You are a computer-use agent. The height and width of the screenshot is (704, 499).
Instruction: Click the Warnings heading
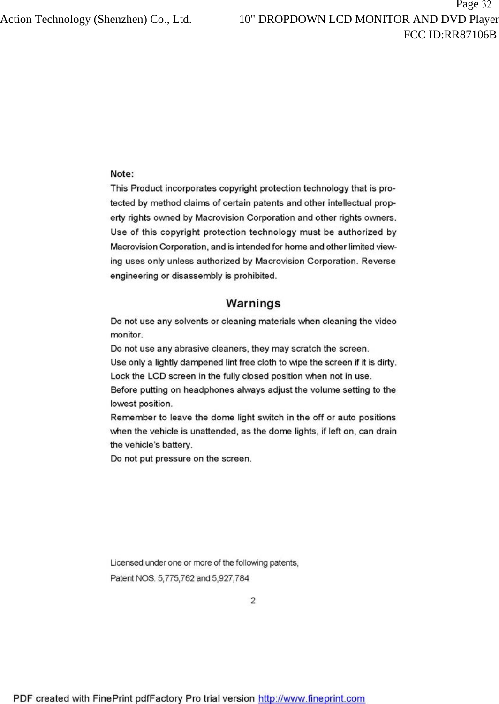(x=253, y=303)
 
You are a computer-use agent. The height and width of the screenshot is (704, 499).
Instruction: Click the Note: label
(x=122, y=174)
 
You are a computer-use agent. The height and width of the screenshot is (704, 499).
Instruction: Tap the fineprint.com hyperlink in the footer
(x=311, y=698)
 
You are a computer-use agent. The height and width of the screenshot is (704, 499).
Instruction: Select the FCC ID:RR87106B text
(x=450, y=35)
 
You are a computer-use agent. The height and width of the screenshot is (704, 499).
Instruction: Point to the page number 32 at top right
(x=486, y=5)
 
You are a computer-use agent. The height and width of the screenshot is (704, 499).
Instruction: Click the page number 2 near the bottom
(x=253, y=600)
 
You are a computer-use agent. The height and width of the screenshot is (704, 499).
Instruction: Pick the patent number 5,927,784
(x=230, y=578)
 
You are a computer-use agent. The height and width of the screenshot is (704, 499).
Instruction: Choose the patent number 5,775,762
(x=176, y=578)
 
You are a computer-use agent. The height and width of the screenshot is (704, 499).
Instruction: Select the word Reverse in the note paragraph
(x=378, y=261)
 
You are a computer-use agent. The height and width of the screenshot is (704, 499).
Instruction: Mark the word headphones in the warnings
(x=209, y=390)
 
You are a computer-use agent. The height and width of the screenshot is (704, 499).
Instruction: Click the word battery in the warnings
(x=177, y=445)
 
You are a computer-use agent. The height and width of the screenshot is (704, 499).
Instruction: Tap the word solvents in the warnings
(x=191, y=322)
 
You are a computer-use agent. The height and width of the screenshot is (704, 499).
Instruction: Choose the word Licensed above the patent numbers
(x=127, y=563)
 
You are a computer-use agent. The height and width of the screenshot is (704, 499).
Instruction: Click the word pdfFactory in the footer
(x=159, y=698)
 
